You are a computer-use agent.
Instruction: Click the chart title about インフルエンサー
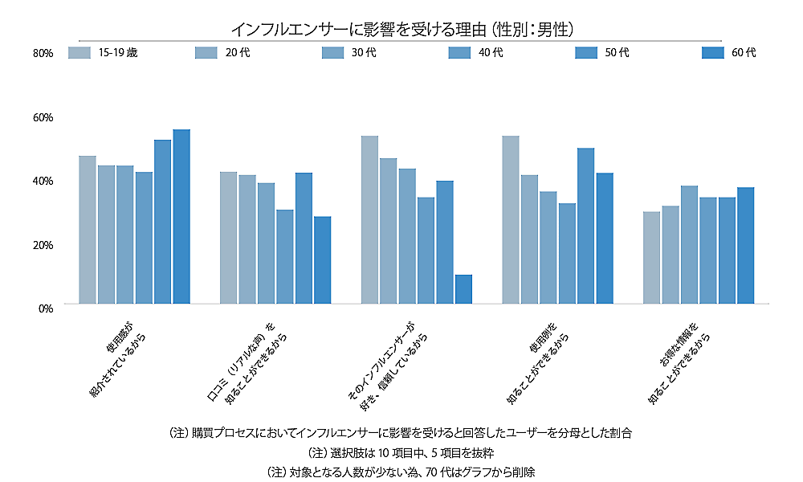[401, 30]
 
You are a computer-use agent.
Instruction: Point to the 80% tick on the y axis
[43, 53]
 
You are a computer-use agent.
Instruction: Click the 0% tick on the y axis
[45, 308]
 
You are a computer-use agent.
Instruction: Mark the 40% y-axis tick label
[43, 181]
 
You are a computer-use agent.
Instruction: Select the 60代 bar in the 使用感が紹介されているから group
[181, 216]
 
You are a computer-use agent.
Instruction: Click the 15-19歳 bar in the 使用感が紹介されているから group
[88, 230]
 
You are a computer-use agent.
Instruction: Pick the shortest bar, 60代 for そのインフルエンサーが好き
[463, 289]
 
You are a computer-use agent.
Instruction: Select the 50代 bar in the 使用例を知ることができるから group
[585, 226]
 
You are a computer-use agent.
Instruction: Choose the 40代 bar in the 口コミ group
[285, 256]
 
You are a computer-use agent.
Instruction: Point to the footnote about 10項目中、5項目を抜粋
[401, 452]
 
